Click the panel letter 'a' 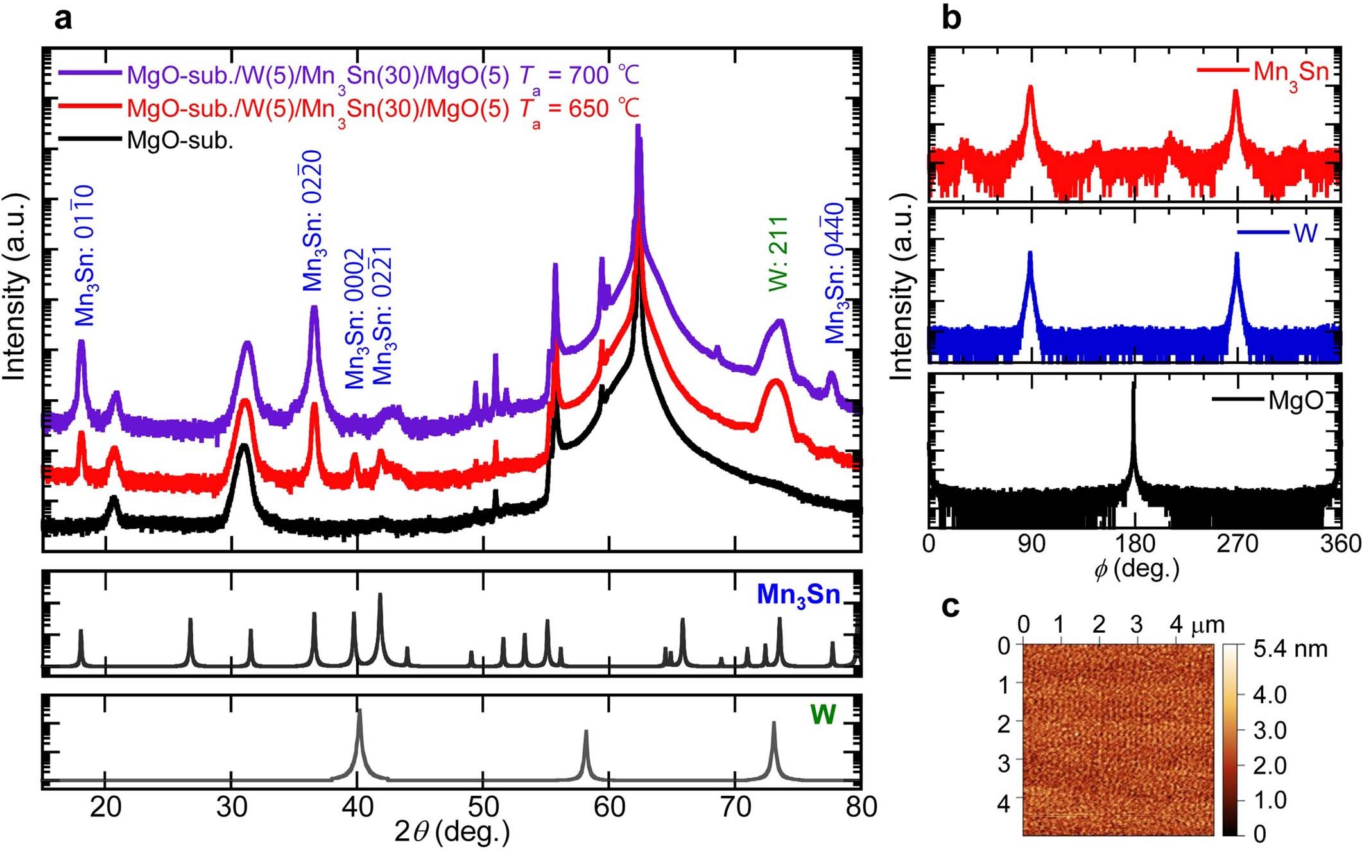coord(63,19)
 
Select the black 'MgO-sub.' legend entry coord(180,140)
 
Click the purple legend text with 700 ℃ coord(383,76)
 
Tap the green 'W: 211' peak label coord(778,254)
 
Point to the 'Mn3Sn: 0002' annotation coord(355,319)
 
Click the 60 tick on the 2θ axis coord(608,806)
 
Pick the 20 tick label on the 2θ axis coord(105,806)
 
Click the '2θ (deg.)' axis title coord(452,832)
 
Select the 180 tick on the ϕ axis coord(1134,544)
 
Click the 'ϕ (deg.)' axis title coord(1136,569)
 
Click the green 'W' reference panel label coord(823,714)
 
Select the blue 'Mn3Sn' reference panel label coord(798,595)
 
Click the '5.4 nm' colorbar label coord(1290,649)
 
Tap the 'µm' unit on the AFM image coord(1207,624)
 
